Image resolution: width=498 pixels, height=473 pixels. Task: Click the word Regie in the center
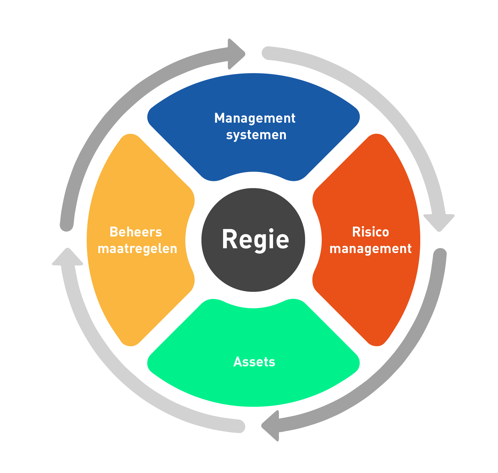pos(255,239)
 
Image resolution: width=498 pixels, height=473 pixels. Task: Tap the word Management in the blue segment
pos(255,118)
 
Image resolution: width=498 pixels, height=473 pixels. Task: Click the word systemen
pos(256,135)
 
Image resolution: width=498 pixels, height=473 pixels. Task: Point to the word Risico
pos(370,232)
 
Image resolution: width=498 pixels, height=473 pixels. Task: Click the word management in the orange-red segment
pos(370,249)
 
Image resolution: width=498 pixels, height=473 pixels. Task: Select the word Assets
pos(254,362)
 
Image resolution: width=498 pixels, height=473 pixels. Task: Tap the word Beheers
pos(136,232)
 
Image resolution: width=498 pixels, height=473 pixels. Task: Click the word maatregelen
pos(137,249)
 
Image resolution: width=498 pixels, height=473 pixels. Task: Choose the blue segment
pos(253,155)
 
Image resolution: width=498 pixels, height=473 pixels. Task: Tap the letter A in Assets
pos(238,362)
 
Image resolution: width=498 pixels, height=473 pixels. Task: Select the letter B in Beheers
pos(114,232)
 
